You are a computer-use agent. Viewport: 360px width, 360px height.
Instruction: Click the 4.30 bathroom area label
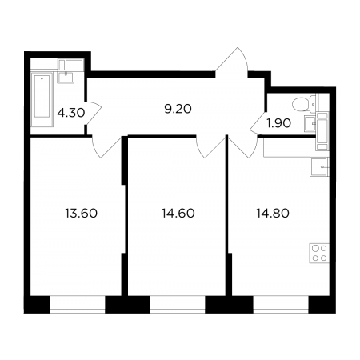click(x=71, y=113)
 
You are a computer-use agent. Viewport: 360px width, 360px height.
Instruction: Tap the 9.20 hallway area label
click(x=178, y=109)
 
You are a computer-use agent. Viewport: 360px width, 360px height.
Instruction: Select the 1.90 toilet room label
click(x=278, y=123)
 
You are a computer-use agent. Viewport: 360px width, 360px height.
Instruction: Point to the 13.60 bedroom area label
click(x=82, y=214)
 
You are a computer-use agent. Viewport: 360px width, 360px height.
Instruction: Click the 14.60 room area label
click(x=178, y=214)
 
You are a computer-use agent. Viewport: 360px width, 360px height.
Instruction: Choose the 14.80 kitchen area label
click(x=273, y=214)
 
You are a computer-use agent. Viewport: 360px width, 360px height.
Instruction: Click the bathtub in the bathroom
click(x=42, y=99)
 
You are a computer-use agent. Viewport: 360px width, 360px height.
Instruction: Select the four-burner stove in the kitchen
click(x=319, y=253)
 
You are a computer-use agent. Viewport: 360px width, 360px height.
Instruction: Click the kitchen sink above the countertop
click(x=320, y=166)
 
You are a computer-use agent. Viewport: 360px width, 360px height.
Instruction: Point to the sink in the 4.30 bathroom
click(x=66, y=77)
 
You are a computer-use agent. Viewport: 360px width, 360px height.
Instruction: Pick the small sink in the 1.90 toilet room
click(x=310, y=124)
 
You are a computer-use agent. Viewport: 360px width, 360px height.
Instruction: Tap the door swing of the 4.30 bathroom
click(x=94, y=113)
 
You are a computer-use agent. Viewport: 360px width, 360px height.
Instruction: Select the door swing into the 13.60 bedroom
click(x=106, y=146)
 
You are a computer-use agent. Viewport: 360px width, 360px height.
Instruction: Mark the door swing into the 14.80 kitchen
click(x=242, y=146)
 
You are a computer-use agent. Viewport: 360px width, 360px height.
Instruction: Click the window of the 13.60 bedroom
click(x=78, y=304)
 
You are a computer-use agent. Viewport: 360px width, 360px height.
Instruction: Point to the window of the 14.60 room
click(x=178, y=304)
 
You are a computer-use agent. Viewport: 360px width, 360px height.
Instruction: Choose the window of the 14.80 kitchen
click(x=281, y=304)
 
